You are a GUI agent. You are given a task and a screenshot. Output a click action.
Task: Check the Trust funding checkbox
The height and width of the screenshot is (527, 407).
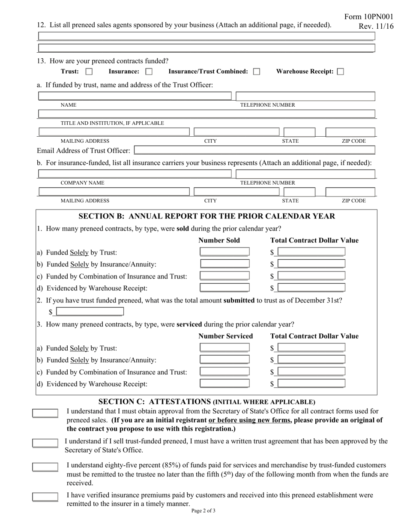pos(89,72)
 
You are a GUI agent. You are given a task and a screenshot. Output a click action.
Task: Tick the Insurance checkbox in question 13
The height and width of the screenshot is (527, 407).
pos(149,72)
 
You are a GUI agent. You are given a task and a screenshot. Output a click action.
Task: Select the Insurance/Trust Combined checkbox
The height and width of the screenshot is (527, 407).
pos(257,72)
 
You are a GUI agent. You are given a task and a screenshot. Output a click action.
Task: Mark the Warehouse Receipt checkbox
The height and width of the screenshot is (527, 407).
pos(341,72)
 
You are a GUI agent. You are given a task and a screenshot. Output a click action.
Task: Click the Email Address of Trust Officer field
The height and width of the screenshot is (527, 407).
pos(254,150)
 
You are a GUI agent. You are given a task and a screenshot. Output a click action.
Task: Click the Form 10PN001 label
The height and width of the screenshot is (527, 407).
pos(368,17)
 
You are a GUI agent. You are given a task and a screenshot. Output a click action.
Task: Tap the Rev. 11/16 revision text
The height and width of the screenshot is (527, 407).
pos(376,26)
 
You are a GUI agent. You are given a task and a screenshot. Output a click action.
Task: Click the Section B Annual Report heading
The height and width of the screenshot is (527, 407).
pos(207,216)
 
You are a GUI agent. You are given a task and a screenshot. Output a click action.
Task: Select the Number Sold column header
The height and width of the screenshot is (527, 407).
pos(219,240)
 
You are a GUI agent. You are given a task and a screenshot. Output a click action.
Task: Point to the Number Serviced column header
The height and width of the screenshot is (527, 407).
pos(226,336)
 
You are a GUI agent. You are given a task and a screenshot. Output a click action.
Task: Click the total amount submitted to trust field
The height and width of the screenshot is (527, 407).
pos(90,311)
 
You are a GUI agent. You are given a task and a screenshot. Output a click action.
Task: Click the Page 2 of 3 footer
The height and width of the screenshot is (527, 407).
pos(203,511)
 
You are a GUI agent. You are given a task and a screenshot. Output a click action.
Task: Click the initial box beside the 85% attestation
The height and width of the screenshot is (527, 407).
pos(45,467)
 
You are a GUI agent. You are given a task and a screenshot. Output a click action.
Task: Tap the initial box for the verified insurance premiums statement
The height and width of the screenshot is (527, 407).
pos(45,497)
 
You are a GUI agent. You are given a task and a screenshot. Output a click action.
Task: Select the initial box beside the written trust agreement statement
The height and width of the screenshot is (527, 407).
pos(45,443)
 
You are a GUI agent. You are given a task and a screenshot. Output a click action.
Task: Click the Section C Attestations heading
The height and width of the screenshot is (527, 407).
pos(207,401)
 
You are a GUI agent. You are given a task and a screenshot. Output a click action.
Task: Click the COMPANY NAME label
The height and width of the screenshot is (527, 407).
pos(82,183)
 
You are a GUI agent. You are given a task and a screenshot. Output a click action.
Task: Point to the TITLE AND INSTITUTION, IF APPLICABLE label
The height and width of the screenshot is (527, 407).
pos(112,123)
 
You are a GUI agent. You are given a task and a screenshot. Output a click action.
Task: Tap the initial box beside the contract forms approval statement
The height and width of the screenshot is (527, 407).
pos(45,413)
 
